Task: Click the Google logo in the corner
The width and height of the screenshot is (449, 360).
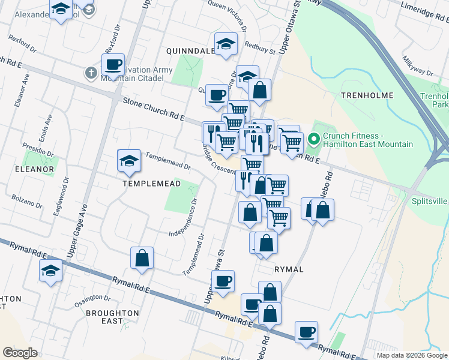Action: pyautogui.click(x=20, y=353)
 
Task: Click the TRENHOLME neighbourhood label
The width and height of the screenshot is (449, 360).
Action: pyautogui.click(x=367, y=95)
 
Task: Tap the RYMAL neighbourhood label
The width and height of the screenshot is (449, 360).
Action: pyautogui.click(x=289, y=269)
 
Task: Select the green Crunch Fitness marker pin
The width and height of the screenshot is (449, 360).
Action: pyautogui.click(x=313, y=140)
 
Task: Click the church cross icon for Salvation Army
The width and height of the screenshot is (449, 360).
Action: pyautogui.click(x=91, y=74)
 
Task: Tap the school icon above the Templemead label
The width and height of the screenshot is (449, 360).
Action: pyautogui.click(x=129, y=160)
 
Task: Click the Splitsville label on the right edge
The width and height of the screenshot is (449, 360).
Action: pyautogui.click(x=430, y=202)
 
